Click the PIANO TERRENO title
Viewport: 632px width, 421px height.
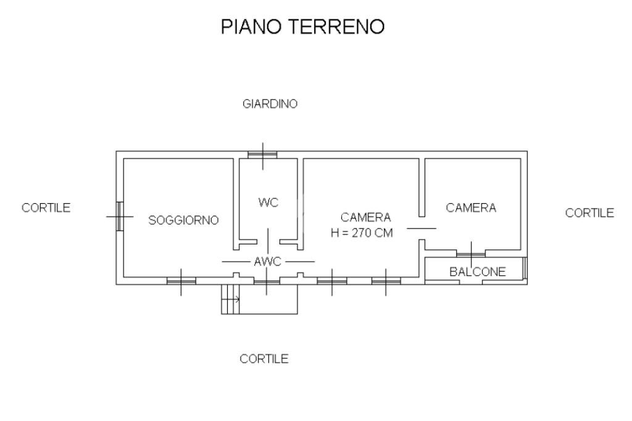click(x=302, y=27)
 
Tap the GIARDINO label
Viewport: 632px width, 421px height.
click(x=270, y=104)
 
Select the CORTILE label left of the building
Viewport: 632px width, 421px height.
click(x=46, y=207)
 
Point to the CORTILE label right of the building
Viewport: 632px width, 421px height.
click(x=589, y=212)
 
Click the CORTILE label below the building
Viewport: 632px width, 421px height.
click(x=264, y=359)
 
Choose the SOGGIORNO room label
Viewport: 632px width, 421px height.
click(x=183, y=220)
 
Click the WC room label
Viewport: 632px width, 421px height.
click(x=268, y=202)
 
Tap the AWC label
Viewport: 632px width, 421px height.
click(x=268, y=262)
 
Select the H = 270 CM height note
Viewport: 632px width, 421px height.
click(x=362, y=233)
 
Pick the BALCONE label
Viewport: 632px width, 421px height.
click(x=478, y=272)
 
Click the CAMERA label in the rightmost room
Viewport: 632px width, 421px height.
click(x=471, y=207)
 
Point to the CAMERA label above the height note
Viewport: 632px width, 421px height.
click(x=365, y=217)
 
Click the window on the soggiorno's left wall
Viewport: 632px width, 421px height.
click(x=120, y=217)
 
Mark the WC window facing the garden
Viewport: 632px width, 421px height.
click(x=263, y=154)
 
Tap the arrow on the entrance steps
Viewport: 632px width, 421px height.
click(x=231, y=299)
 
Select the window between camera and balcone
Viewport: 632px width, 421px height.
click(x=471, y=254)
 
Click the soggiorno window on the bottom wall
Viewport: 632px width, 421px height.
click(x=181, y=281)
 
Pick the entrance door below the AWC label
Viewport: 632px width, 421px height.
click(x=267, y=281)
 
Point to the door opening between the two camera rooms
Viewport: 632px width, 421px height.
click(x=422, y=228)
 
